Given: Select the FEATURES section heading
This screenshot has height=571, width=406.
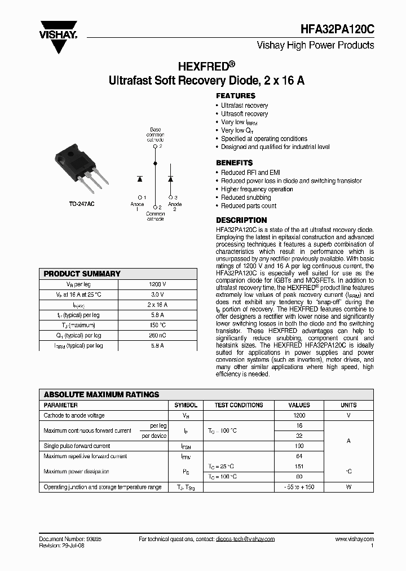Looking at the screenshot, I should [x=236, y=96].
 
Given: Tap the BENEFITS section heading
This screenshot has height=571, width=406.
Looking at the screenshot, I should [x=235, y=163].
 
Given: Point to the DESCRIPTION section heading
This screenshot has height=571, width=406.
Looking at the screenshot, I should [x=241, y=220].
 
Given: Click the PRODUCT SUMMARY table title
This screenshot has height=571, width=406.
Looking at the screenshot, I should [x=82, y=274].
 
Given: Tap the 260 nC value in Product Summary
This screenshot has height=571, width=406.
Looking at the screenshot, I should [x=157, y=335].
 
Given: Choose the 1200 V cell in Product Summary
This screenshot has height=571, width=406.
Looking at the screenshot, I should [x=157, y=284].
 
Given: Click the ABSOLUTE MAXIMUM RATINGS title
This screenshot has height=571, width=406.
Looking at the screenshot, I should [x=101, y=394].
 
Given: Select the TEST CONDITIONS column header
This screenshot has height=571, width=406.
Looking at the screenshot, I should [x=239, y=405].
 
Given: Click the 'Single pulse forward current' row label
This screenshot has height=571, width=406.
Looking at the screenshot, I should [x=77, y=446].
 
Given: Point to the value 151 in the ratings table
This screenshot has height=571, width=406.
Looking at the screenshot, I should [x=299, y=467].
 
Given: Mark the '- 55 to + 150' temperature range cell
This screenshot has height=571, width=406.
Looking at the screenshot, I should [x=299, y=487].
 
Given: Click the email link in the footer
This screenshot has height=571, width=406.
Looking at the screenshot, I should [x=245, y=539].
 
